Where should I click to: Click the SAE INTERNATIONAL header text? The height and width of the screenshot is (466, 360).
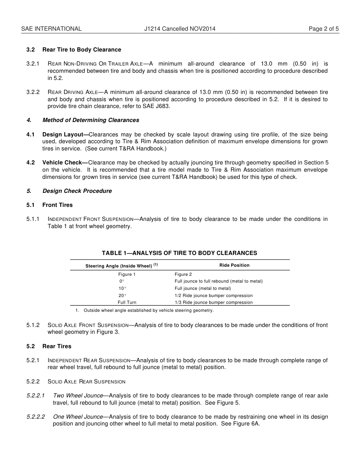point(51,28)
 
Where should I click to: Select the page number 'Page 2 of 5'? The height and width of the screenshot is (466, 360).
point(324,28)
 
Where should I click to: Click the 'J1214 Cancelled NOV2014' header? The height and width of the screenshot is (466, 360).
point(180,28)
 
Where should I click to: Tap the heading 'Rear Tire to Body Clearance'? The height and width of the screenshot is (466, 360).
point(81,50)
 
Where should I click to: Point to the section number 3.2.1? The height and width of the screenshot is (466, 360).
point(33,64)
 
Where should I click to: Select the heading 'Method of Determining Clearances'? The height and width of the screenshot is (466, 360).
point(91,120)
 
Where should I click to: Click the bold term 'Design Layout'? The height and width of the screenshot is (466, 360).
point(65,134)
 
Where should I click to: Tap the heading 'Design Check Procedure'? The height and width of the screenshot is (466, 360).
point(77,191)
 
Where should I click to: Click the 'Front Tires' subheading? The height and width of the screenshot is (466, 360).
point(57,205)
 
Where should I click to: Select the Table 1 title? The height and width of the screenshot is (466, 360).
point(179,253)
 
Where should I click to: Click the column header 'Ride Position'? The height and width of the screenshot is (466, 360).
point(234,265)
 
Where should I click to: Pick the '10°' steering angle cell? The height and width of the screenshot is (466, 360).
point(122,288)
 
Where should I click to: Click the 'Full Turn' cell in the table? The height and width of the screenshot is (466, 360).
point(127,302)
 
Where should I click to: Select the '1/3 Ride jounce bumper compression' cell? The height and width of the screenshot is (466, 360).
point(213,302)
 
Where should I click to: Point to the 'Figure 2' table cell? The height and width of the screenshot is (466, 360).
point(183,274)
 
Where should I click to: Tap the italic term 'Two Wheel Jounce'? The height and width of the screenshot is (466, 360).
point(78,396)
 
